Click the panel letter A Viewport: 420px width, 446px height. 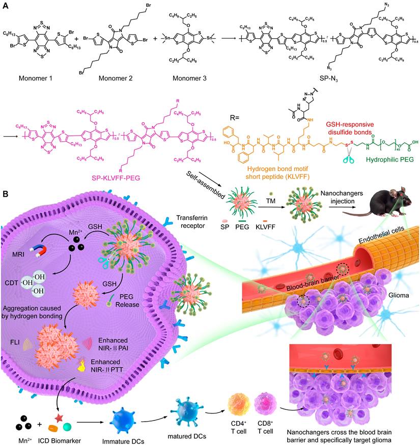click(x=5, y=5)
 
